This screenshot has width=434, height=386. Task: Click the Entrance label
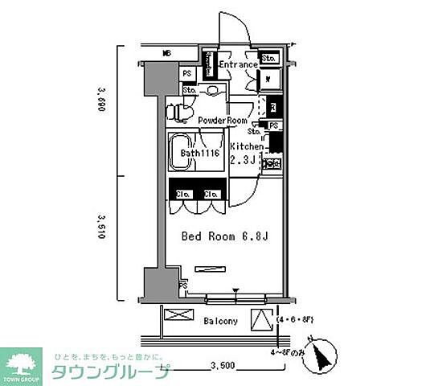coord(237,64)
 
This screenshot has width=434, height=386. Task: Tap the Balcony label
coord(220,321)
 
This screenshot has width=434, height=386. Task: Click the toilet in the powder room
coord(178,112)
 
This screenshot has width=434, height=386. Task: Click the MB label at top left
coord(166,54)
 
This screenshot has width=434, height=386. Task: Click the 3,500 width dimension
coord(222,366)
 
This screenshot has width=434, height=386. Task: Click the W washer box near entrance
coord(269,80)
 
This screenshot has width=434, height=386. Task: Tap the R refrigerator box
coord(273,106)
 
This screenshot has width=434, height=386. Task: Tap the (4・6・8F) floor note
coord(294,320)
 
